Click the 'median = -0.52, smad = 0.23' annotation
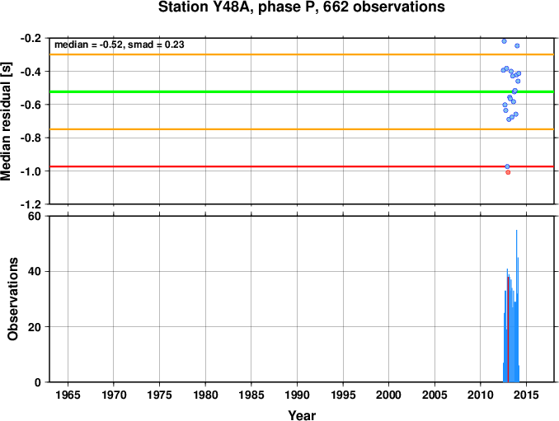[x=119, y=44]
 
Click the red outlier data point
[x=508, y=172]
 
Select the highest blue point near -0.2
[x=504, y=41]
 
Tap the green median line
[x=302, y=92]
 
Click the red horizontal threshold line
[x=302, y=166]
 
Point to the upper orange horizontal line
[x=302, y=54]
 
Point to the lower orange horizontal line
[x=302, y=129]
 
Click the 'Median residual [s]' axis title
[x=6, y=121]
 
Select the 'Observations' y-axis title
[x=13, y=299]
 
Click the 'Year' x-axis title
[x=302, y=415]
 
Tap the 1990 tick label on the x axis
[x=298, y=395]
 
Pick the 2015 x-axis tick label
[x=527, y=395]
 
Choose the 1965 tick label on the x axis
[x=68, y=395]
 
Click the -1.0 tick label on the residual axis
[x=31, y=171]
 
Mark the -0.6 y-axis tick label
[x=31, y=105]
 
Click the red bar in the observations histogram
[x=508, y=330]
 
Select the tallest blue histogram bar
[x=517, y=306]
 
